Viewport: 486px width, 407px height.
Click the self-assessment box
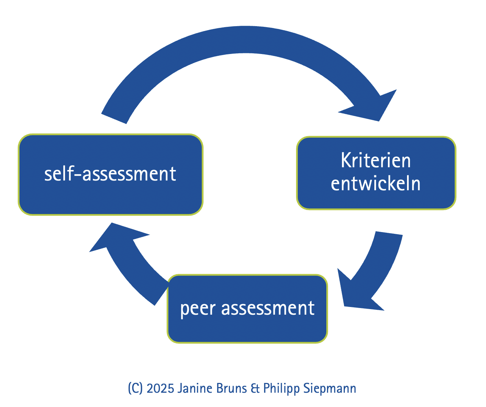110,174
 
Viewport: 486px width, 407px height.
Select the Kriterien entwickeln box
376,173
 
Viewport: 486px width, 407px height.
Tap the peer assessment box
247,308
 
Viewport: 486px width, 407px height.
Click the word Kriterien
376,161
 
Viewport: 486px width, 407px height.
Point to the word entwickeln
376,184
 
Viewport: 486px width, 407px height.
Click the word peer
198,309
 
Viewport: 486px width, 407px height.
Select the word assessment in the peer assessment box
268,308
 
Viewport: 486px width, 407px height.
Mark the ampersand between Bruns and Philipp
255,388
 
